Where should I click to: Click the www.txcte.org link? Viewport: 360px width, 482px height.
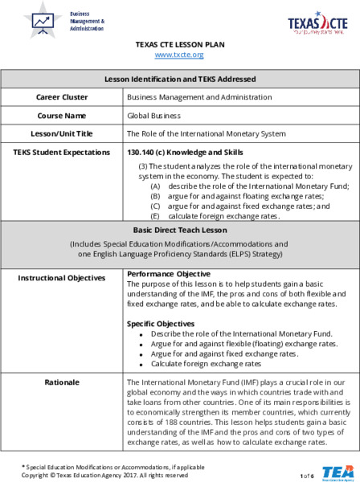pyautogui.click(x=179, y=55)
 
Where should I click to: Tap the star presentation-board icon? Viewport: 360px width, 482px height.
pyautogui.click(x=42, y=21)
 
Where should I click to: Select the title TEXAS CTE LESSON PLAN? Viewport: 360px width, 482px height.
pyautogui.click(x=179, y=44)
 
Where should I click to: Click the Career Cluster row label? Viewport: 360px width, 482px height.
pyautogui.click(x=62, y=97)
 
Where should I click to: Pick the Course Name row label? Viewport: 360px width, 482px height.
pyautogui.click(x=62, y=115)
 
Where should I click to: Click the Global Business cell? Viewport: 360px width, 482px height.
pyautogui.click(x=149, y=115)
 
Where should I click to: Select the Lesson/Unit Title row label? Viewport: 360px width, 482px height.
pyautogui.click(x=62, y=133)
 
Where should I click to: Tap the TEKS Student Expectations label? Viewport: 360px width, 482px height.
pyautogui.click(x=62, y=151)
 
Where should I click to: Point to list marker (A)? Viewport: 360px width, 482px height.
pyautogui.click(x=156, y=186)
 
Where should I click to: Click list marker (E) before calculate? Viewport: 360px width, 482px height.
pyautogui.click(x=156, y=216)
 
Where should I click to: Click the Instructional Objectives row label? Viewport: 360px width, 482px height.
pyautogui.click(x=62, y=278)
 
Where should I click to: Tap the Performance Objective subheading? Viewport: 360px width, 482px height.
pyautogui.click(x=168, y=275)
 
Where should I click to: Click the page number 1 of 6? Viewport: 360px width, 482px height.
pyautogui.click(x=306, y=476)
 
